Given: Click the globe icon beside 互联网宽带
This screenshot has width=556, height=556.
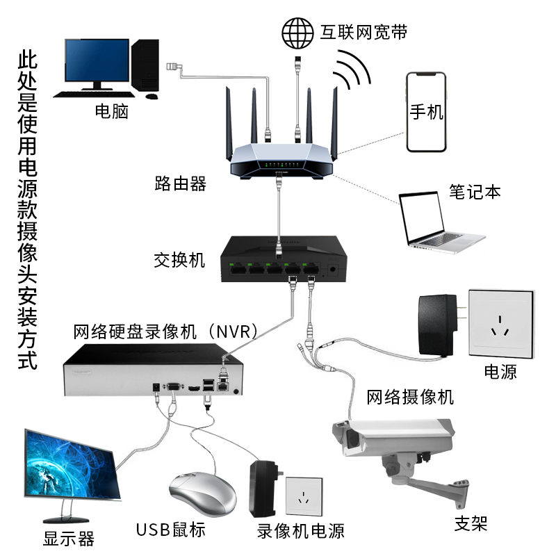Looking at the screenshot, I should pos(297,31).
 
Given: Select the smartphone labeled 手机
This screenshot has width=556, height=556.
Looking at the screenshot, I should pos(425,113).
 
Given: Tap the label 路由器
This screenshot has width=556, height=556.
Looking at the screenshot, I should pos(180,184).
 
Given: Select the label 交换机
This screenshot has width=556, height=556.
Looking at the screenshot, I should pos(179,261).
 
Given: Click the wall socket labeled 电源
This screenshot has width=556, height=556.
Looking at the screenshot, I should pos(501,323).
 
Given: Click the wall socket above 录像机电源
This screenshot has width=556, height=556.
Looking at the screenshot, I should pos(304,498).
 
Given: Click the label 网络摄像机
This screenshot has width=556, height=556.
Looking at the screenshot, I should pos(410,397).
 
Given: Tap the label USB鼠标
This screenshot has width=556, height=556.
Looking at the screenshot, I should pos(170,530).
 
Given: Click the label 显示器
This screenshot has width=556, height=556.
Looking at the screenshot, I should pos(69,539).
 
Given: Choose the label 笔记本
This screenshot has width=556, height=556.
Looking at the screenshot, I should pos(475,192).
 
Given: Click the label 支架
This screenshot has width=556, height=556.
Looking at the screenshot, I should pos(471,523).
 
